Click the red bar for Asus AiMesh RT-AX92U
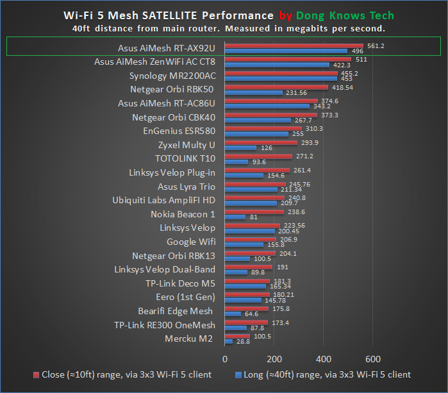point(294,46)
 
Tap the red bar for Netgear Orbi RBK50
point(276,87)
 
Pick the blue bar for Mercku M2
point(229,342)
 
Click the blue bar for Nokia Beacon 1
point(235,217)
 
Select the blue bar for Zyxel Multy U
point(240,148)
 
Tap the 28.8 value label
point(242,342)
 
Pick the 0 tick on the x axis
point(225,358)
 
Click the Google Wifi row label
point(190,242)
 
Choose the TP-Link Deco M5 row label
point(181,283)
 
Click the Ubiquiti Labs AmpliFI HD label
point(163,200)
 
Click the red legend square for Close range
point(37,374)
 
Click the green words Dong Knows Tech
point(349,15)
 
